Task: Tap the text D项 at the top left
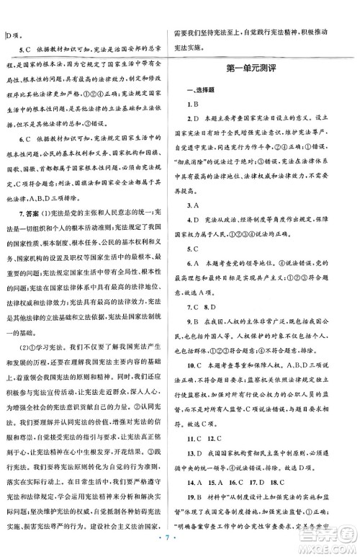(14, 33)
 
